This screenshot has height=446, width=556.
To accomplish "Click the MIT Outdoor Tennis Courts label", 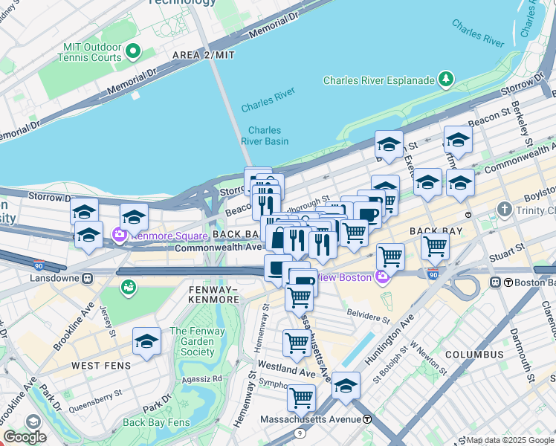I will tap(83, 52).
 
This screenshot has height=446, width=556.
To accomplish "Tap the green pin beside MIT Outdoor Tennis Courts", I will tap(133, 51).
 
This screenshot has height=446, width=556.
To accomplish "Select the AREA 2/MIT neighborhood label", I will tap(203, 56).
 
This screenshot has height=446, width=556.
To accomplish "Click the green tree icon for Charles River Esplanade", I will tap(445, 78).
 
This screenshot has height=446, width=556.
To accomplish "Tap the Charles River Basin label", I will tap(264, 135).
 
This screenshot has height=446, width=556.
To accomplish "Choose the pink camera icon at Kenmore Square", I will tap(119, 236).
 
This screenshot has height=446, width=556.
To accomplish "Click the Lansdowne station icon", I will tap(87, 279).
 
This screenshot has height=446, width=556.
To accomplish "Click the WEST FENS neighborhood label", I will tap(101, 366).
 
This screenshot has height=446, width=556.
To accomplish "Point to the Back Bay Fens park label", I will tap(156, 422).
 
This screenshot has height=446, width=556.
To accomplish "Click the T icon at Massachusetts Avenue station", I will tap(367, 419).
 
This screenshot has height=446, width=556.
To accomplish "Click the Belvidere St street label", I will tap(365, 317).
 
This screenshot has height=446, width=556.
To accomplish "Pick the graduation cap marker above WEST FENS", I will tap(146, 342).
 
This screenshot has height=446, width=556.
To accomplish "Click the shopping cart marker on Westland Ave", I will tap(297, 344).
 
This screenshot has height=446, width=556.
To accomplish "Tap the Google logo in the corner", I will tap(25, 437).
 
